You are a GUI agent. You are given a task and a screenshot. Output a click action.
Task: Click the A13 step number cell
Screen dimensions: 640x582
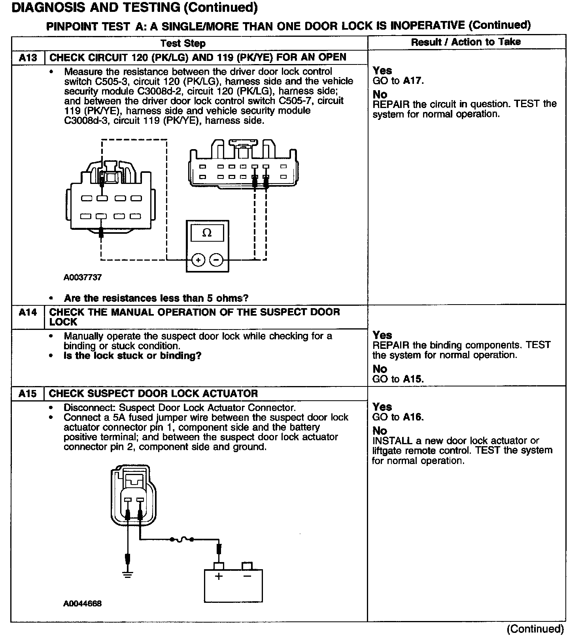pyautogui.click(x=28, y=58)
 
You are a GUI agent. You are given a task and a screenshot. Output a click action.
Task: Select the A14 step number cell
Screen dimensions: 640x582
pyautogui.click(x=28, y=312)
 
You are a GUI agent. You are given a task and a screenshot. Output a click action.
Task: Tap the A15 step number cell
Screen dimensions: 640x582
pyautogui.click(x=28, y=394)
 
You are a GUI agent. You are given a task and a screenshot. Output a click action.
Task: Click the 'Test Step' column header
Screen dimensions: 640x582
pyautogui.click(x=183, y=43)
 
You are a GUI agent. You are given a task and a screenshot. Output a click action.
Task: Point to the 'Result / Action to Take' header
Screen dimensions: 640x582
pyautogui.click(x=466, y=42)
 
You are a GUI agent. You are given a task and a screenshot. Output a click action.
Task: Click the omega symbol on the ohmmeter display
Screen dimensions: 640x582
pyautogui.click(x=207, y=233)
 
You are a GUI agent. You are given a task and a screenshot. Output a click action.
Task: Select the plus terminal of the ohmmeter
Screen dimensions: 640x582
pyautogui.click(x=198, y=260)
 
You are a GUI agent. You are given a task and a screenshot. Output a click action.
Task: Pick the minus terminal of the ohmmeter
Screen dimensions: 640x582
pyautogui.click(x=216, y=260)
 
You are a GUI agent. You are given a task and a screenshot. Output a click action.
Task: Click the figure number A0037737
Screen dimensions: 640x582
pyautogui.click(x=83, y=277)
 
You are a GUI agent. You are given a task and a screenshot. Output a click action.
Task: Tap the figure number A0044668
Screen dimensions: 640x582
pyautogui.click(x=82, y=604)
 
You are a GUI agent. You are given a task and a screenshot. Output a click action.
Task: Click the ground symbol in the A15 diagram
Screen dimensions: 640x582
pyautogui.click(x=127, y=575)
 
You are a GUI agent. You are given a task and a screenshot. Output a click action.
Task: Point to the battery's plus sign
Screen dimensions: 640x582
pyautogui.click(x=219, y=576)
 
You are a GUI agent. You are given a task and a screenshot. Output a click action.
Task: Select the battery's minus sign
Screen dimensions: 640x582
pyautogui.click(x=247, y=576)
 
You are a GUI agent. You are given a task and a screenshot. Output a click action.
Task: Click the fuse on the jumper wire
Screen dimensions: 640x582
pyautogui.click(x=181, y=539)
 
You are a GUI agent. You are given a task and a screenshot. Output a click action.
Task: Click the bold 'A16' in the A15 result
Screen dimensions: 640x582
pyautogui.click(x=413, y=417)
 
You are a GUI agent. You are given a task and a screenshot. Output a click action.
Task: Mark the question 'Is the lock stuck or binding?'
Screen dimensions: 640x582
pyautogui.click(x=132, y=356)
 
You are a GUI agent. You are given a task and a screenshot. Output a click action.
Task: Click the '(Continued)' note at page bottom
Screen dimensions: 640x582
pyautogui.click(x=535, y=629)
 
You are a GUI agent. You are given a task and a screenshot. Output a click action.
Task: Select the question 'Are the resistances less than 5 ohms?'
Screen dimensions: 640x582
pyautogui.click(x=156, y=298)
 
